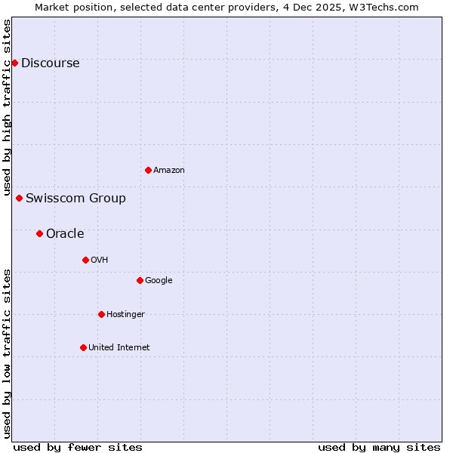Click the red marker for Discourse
14,63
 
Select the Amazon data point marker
148,170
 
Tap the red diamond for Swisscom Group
19,198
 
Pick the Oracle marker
39,233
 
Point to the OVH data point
85,260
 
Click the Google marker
140,280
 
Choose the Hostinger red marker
101,314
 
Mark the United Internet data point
83,347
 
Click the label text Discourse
50,63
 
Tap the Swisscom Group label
75,199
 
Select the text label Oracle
65,234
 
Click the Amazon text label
168,171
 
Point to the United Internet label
119,348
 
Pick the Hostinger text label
125,315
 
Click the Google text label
159,281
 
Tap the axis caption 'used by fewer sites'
77,447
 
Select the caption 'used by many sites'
379,447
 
